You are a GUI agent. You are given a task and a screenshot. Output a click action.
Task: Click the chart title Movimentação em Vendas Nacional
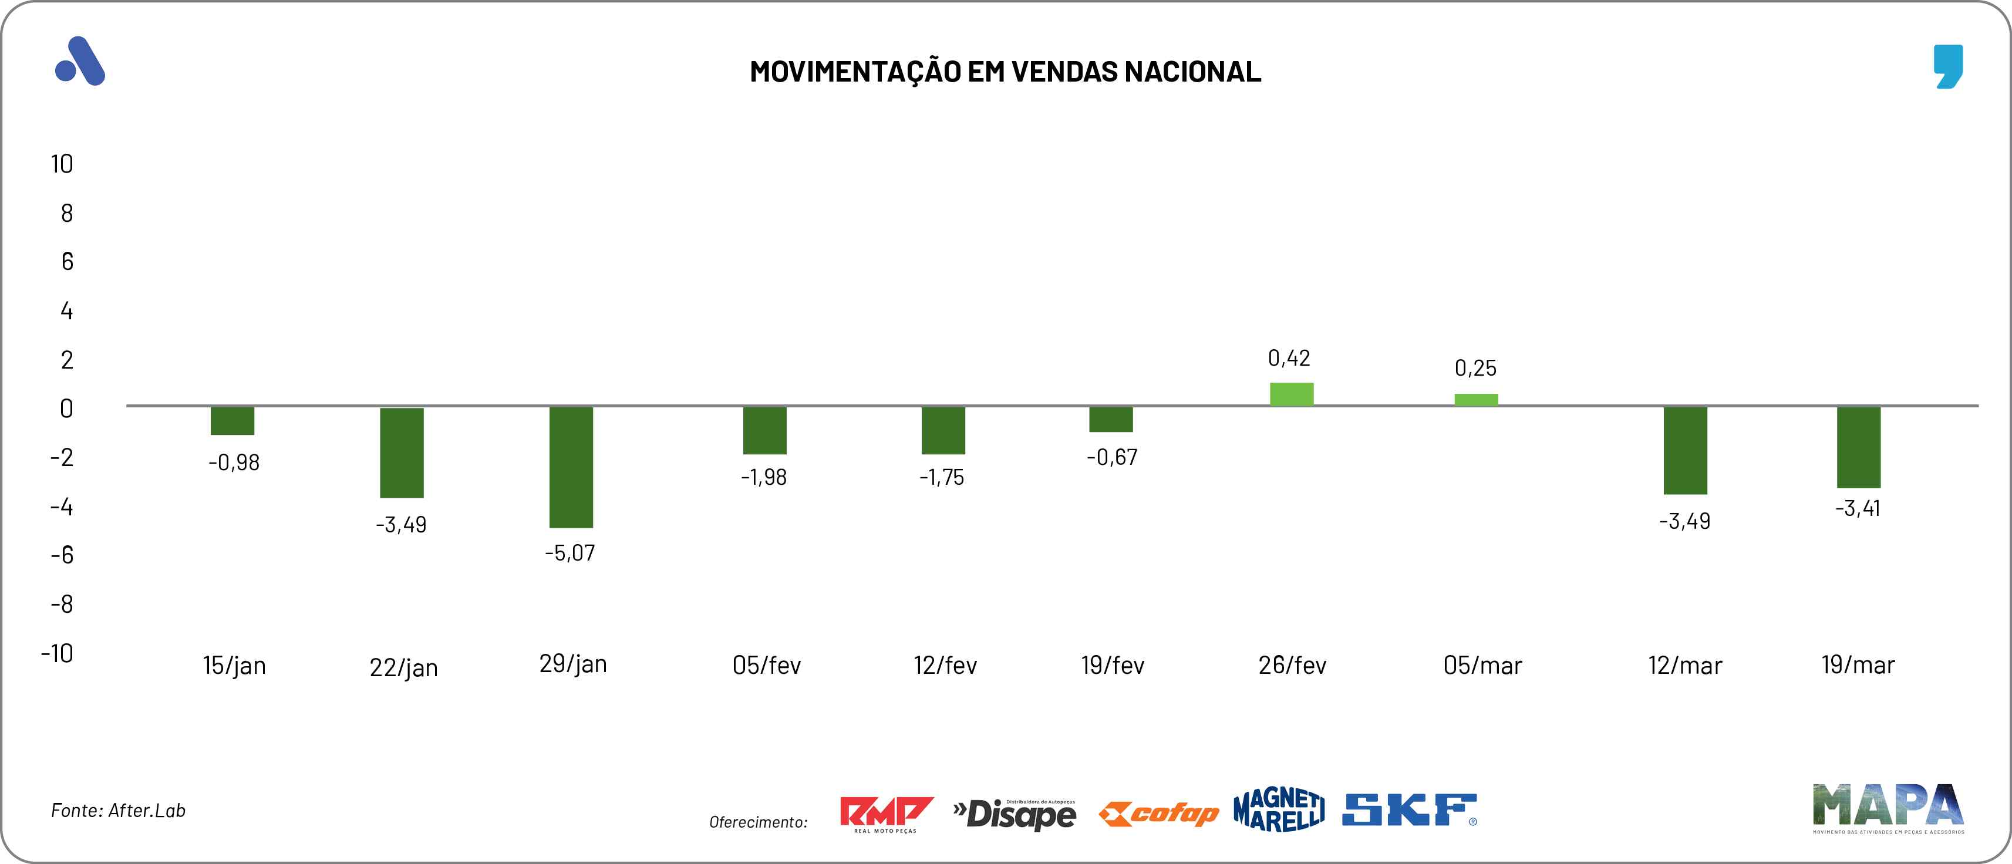point(1005,71)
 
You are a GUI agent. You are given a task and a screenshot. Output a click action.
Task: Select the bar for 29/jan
point(571,467)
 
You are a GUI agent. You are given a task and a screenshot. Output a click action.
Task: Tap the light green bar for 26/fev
point(1291,394)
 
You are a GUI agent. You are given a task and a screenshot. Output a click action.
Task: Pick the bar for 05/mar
point(1475,399)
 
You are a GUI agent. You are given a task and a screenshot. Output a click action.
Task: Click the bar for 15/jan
point(232,420)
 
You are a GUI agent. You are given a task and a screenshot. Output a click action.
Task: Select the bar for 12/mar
point(1685,450)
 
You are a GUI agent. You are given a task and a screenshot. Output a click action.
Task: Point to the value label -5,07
point(570,553)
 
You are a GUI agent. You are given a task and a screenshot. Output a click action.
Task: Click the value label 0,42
point(1289,358)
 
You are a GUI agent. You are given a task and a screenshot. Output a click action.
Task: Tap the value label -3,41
point(1858,508)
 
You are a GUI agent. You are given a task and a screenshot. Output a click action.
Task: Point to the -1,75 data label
point(941,477)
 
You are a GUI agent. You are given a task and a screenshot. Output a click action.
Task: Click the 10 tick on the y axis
point(62,164)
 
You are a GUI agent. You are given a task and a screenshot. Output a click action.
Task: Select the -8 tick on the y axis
point(62,604)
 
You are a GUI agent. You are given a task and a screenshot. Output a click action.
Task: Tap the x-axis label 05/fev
point(766,666)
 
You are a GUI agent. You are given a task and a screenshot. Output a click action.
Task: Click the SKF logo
point(1409,810)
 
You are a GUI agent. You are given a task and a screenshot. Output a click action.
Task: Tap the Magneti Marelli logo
point(1279,810)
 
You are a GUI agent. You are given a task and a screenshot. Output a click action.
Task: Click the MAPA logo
point(1888,807)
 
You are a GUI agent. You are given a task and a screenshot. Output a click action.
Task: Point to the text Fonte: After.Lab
point(118,810)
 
